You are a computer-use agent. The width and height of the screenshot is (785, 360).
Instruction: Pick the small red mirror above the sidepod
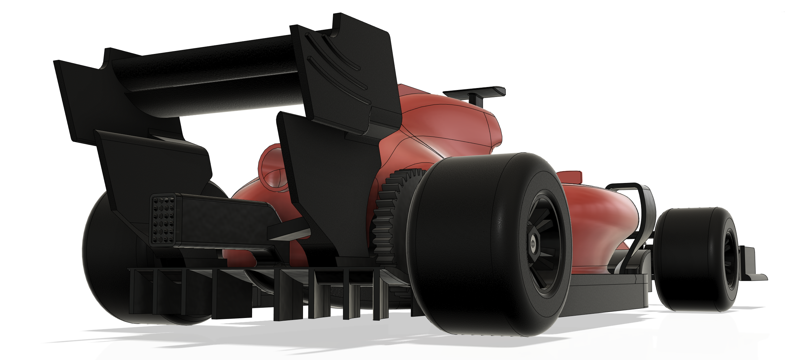pyautogui.click(x=570, y=176)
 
